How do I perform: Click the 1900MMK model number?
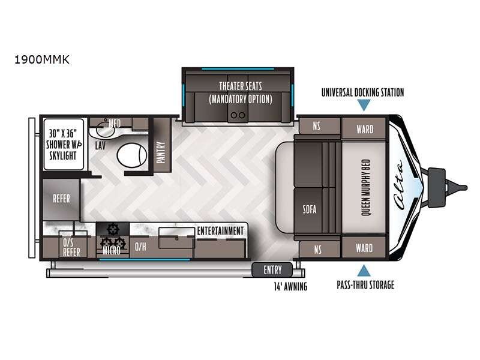(x=42, y=59)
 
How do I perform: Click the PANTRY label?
(x=161, y=152)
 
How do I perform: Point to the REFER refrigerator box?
(x=61, y=199)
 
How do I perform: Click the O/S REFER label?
(x=71, y=247)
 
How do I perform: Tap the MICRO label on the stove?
(x=112, y=250)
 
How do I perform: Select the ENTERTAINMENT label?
(x=220, y=231)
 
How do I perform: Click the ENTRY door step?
(x=272, y=269)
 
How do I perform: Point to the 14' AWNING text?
(x=290, y=287)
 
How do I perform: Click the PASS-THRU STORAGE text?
(x=365, y=284)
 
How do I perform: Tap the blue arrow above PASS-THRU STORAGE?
(x=364, y=271)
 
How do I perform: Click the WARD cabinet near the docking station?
(x=364, y=129)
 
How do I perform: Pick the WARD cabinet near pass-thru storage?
(x=364, y=248)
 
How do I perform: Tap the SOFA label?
(x=310, y=209)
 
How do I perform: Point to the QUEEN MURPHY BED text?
(x=365, y=187)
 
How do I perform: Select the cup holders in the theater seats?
(x=238, y=115)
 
